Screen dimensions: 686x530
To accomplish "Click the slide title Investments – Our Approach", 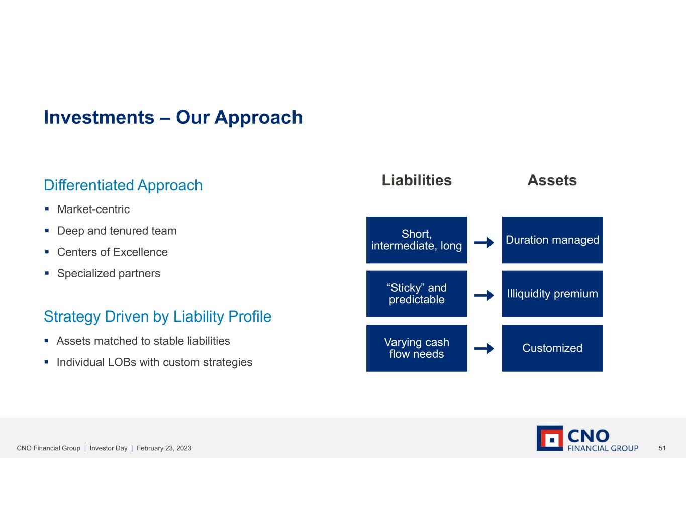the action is click(x=173, y=118).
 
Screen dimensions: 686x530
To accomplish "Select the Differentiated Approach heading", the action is click(x=123, y=185).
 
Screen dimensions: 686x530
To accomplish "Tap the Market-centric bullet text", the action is click(x=93, y=209).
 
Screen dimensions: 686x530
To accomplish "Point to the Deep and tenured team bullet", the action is click(x=117, y=231).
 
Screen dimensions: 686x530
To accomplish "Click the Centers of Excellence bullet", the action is click(x=113, y=252).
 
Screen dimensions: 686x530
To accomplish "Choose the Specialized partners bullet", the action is click(x=109, y=273).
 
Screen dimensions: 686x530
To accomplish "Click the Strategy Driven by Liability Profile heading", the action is click(x=157, y=316).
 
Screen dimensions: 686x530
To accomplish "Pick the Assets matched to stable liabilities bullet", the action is click(x=143, y=341).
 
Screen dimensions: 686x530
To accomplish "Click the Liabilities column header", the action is click(x=417, y=180).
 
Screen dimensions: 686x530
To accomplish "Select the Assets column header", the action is click(x=552, y=180).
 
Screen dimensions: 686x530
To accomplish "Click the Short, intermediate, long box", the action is click(x=417, y=240).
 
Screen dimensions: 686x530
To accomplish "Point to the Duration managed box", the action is click(x=552, y=240).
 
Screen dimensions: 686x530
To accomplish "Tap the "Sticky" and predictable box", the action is click(x=417, y=294).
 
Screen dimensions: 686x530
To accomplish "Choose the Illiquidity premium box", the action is click(x=552, y=294).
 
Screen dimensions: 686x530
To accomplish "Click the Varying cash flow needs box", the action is click(x=417, y=348).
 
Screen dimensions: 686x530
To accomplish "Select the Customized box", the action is click(x=552, y=348).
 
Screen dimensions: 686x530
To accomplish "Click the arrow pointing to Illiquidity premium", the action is click(x=484, y=295).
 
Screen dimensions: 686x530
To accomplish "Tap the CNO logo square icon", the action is click(x=550, y=438).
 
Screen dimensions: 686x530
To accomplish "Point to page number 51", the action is click(x=662, y=448).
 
